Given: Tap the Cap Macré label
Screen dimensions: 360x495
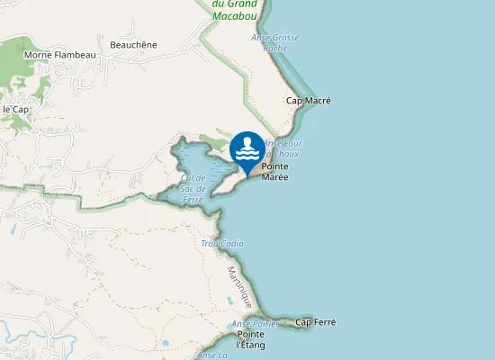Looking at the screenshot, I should [x=308, y=101].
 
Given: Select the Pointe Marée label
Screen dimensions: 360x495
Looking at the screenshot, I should [x=274, y=172].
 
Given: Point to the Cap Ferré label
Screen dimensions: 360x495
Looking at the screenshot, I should [x=315, y=322].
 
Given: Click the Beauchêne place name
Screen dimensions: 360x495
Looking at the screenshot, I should [x=133, y=45].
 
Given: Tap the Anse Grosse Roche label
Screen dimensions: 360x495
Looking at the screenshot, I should [x=274, y=42].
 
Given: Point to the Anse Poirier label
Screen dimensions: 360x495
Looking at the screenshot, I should [x=254, y=324].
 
